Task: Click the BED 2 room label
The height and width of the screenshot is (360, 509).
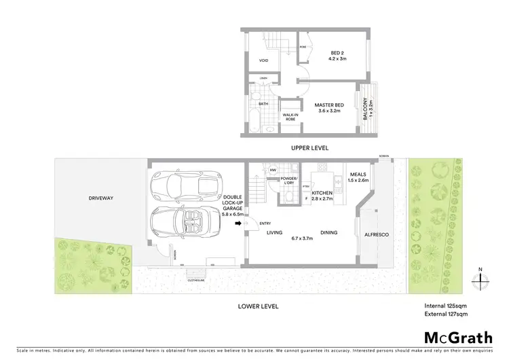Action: click(338, 53)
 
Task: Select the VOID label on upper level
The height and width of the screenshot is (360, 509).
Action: click(264, 60)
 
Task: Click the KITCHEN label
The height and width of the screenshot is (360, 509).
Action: click(321, 194)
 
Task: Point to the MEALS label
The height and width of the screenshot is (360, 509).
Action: click(357, 174)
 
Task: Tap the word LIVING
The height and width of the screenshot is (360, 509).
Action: click(274, 232)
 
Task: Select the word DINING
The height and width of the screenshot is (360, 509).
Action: click(329, 232)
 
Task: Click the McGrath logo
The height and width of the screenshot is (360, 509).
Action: click(457, 337)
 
